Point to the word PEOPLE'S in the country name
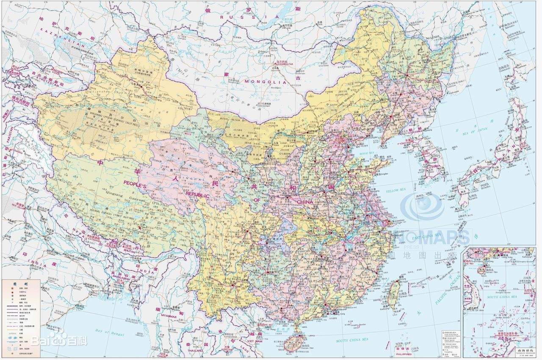tap(135, 185)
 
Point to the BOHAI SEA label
tap(366, 153)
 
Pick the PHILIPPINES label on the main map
tap(404, 354)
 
